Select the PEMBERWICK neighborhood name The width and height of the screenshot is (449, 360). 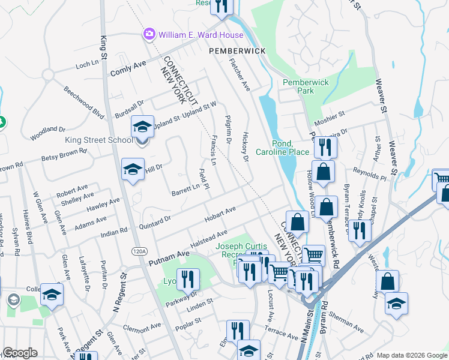[x=237, y=52]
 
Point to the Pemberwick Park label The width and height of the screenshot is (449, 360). [x=298, y=86]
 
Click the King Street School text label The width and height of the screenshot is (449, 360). [x=99, y=140]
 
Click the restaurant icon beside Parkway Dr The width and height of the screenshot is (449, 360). [x=190, y=279]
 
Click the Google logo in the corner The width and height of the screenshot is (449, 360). [x=19, y=353]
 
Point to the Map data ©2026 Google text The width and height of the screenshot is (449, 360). [x=412, y=355]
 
